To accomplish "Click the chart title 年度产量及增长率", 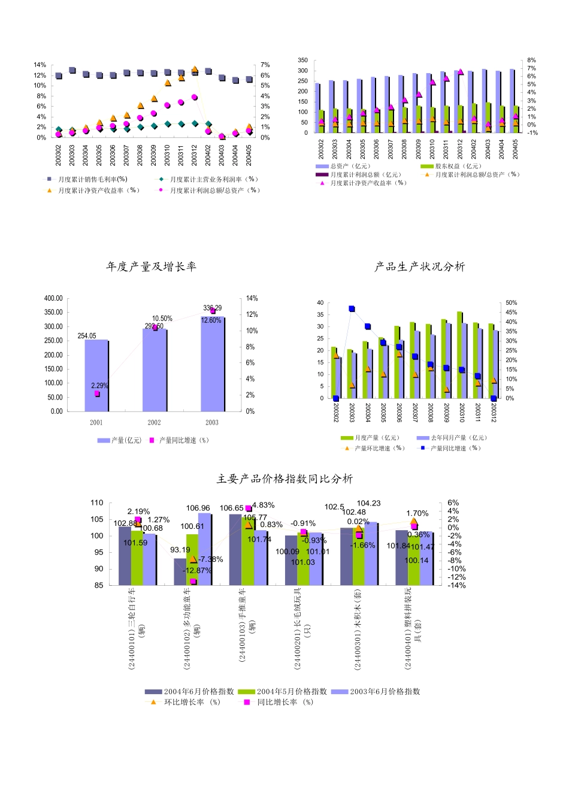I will [x=151, y=267].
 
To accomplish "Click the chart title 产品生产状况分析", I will [x=419, y=267].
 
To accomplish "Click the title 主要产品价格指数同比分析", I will [x=284, y=479].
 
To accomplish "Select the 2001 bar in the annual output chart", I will [x=96, y=375].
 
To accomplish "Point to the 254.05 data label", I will [x=87, y=336].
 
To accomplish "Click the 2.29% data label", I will [x=99, y=386].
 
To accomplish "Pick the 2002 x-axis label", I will [x=154, y=422].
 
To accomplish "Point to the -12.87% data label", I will [x=197, y=570].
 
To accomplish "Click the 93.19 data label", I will [x=180, y=550].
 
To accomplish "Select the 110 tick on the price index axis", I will [x=97, y=503].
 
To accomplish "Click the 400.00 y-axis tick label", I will [x=53, y=298].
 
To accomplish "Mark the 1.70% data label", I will [x=417, y=513].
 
